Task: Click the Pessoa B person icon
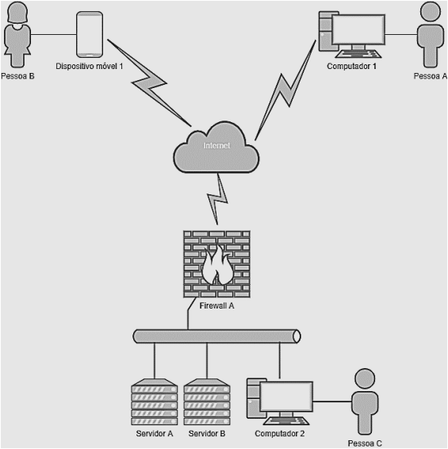point(17,35)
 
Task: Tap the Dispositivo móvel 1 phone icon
point(90,34)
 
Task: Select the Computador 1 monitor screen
point(358,30)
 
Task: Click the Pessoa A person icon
point(431,35)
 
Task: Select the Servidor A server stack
point(155,402)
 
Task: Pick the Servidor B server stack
point(207,402)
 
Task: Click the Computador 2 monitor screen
point(286,397)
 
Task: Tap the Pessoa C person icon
point(365,401)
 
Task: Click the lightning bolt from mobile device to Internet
point(149,83)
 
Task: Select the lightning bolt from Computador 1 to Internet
point(285,90)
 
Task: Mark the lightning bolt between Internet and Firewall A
point(218,199)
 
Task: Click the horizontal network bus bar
point(216,336)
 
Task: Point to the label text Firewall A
point(216,306)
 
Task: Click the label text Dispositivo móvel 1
point(90,66)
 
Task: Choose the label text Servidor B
point(207,434)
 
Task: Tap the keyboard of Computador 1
point(358,54)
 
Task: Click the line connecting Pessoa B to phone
point(54,35)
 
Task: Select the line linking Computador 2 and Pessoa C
point(332,401)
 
